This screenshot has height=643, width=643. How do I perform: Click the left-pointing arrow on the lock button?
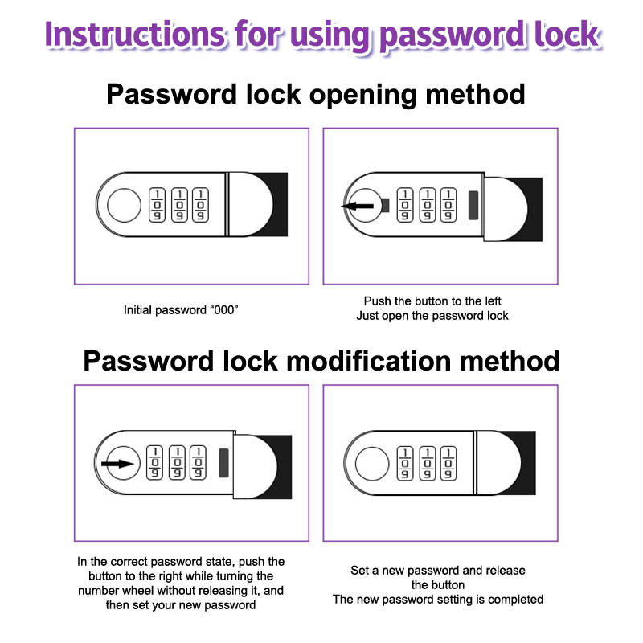tap(358, 206)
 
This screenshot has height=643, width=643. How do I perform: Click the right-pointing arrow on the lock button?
tap(117, 464)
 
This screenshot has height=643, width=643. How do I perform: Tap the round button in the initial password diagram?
tap(125, 205)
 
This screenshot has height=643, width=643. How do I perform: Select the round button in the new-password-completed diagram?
tap(372, 464)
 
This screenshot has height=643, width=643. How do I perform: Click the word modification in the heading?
tap(369, 361)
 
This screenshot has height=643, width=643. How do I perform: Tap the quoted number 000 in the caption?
tap(224, 310)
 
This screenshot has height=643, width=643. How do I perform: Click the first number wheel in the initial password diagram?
tap(157, 205)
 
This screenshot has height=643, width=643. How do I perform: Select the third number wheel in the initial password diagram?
tap(200, 205)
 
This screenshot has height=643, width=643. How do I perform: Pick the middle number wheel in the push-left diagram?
tap(428, 205)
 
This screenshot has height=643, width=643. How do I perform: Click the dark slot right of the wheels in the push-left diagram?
tap(473, 205)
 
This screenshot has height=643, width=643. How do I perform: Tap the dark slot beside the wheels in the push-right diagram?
tap(223, 463)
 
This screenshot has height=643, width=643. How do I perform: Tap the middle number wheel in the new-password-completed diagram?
tap(428, 463)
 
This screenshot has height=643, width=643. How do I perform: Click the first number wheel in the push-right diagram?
tap(155, 463)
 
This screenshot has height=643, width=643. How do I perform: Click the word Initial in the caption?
tap(137, 310)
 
